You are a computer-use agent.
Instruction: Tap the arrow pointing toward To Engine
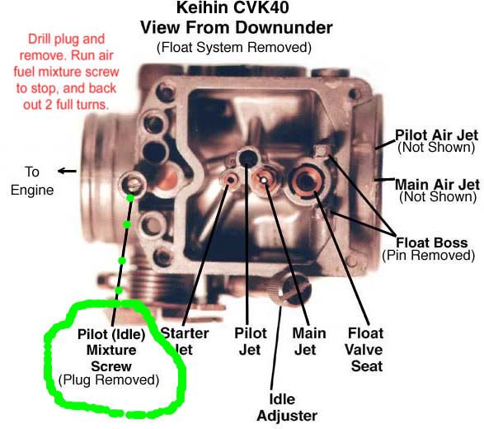pyautogui.click(x=67, y=172)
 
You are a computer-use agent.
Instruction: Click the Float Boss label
pyautogui.click(x=432, y=243)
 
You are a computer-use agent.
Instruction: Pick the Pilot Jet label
pyautogui.click(x=250, y=341)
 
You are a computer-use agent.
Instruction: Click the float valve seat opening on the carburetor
pyautogui.click(x=308, y=180)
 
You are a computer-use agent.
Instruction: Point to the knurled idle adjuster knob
pyautogui.click(x=294, y=288)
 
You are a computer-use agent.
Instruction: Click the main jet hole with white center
pyautogui.click(x=265, y=178)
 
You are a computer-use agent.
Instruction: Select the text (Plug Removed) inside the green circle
pyautogui.click(x=110, y=379)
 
